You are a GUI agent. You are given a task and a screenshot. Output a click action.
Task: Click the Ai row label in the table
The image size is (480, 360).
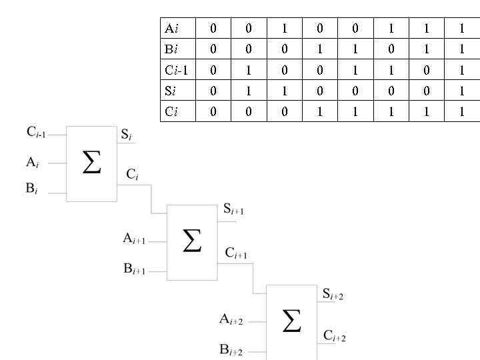tap(171, 29)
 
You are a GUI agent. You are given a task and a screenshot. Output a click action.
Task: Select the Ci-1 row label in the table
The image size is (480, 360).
tap(176, 70)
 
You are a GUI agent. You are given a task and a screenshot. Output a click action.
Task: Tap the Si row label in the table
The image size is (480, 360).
tap(171, 91)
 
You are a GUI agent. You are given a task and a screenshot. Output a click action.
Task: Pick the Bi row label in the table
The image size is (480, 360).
tap(171, 49)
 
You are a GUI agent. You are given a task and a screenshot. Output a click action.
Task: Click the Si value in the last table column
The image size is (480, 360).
tap(461, 91)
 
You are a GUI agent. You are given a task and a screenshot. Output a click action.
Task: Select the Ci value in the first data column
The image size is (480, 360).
tap(213, 111)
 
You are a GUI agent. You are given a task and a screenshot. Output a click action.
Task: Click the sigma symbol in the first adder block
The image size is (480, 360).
tap(92, 162)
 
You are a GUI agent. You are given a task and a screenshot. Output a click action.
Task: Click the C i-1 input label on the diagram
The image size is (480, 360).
tap(36, 132)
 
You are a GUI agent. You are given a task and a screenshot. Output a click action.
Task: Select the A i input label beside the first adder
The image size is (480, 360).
tap(33, 161)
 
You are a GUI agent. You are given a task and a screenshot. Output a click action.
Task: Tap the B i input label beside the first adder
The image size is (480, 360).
tap(32, 189)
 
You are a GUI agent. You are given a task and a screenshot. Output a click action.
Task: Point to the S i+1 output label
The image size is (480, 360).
tap(233, 210)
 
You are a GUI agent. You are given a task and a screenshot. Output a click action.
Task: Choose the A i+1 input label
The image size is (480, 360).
tap(134, 239)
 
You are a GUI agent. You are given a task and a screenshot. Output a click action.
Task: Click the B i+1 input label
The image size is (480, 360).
tap(134, 269)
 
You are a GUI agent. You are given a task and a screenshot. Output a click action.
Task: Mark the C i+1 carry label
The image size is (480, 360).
tap(236, 253)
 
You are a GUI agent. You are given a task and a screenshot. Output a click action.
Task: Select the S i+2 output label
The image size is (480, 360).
tap(333, 294)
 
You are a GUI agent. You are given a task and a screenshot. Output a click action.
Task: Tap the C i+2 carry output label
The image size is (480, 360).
tap(335, 336)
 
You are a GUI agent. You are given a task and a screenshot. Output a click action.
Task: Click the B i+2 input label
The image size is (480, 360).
tap(231, 350)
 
